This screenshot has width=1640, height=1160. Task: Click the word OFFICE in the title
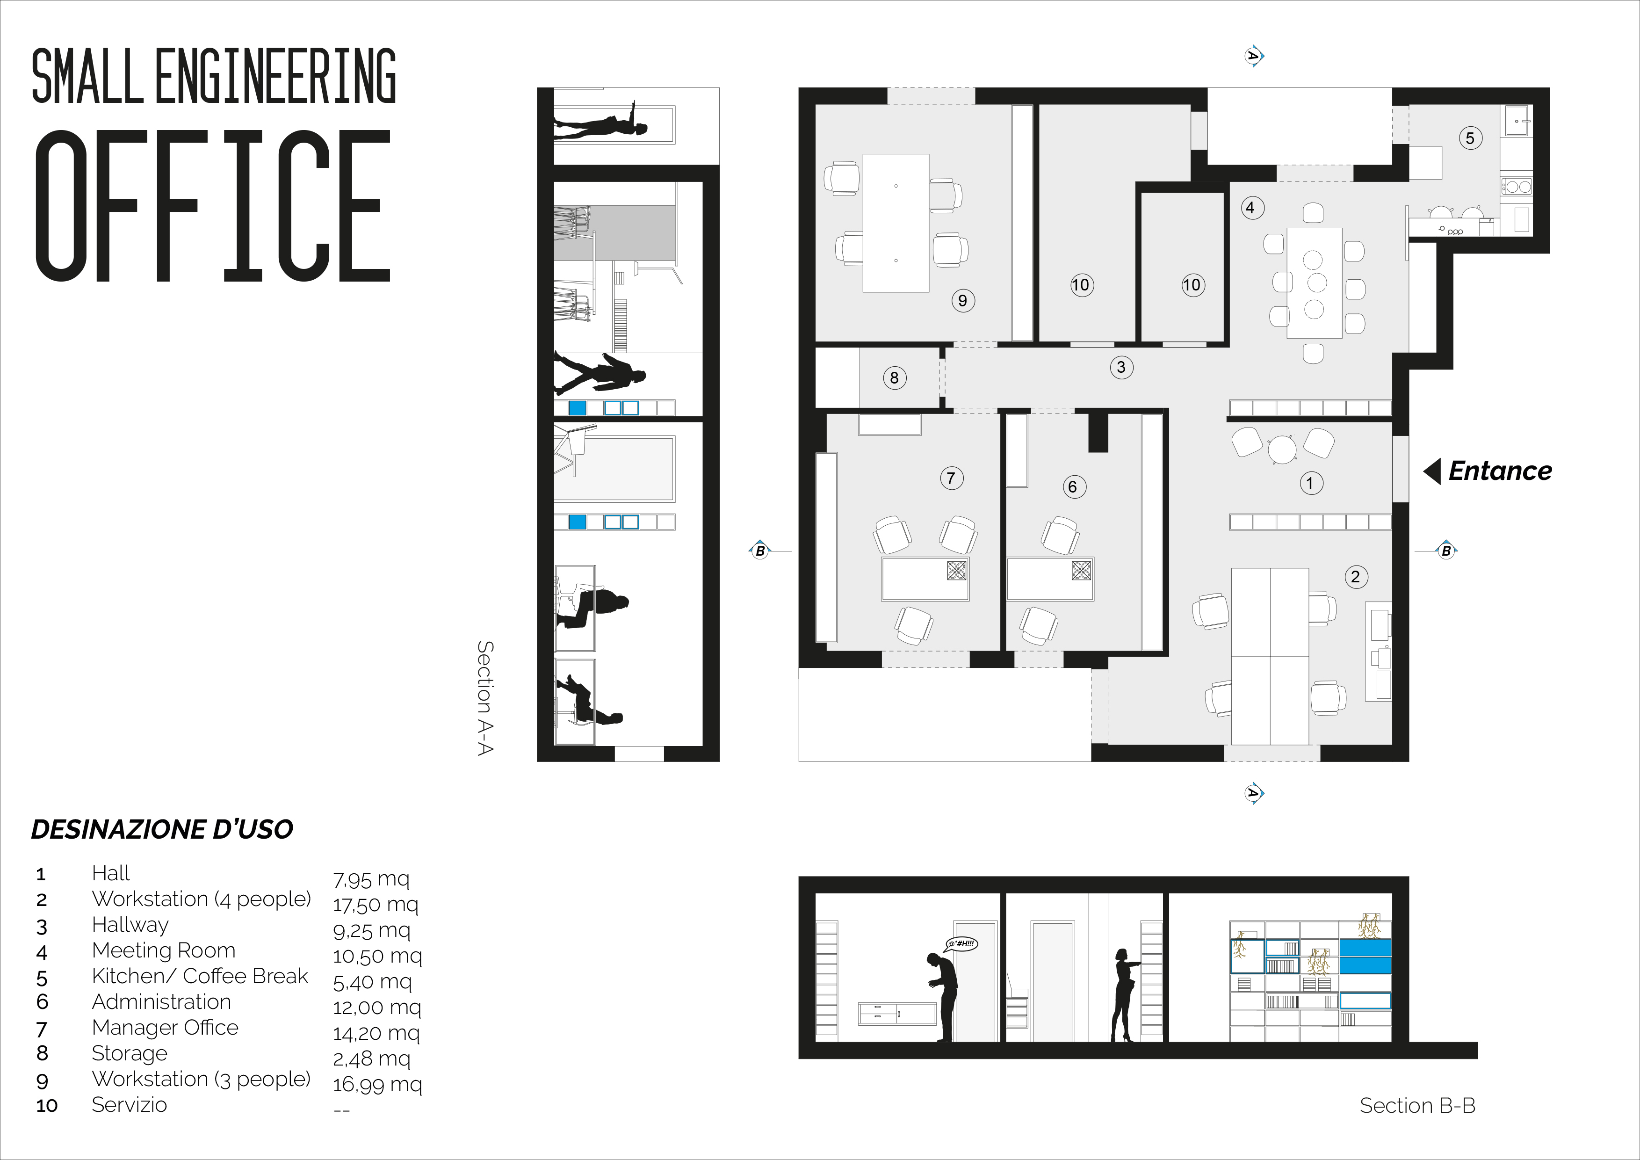click(x=213, y=206)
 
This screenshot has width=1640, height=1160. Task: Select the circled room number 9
click(x=963, y=301)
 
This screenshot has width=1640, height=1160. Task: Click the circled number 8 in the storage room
click(x=894, y=378)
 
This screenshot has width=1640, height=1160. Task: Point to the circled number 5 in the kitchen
click(x=1470, y=138)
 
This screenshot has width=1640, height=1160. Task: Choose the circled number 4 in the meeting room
click(x=1250, y=208)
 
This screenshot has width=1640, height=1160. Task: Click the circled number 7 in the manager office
click(x=951, y=478)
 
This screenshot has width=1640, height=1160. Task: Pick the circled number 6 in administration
click(x=1072, y=487)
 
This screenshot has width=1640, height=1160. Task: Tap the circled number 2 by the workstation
click(x=1356, y=577)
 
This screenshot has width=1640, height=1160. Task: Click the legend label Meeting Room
click(x=164, y=951)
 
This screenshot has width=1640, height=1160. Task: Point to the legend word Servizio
click(x=129, y=1105)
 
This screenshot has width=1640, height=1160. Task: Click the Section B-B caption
click(x=1417, y=1106)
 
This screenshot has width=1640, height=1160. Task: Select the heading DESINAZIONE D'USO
click(x=162, y=829)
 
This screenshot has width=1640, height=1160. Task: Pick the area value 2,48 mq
click(x=371, y=1059)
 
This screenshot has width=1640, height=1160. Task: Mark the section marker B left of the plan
click(x=760, y=551)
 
